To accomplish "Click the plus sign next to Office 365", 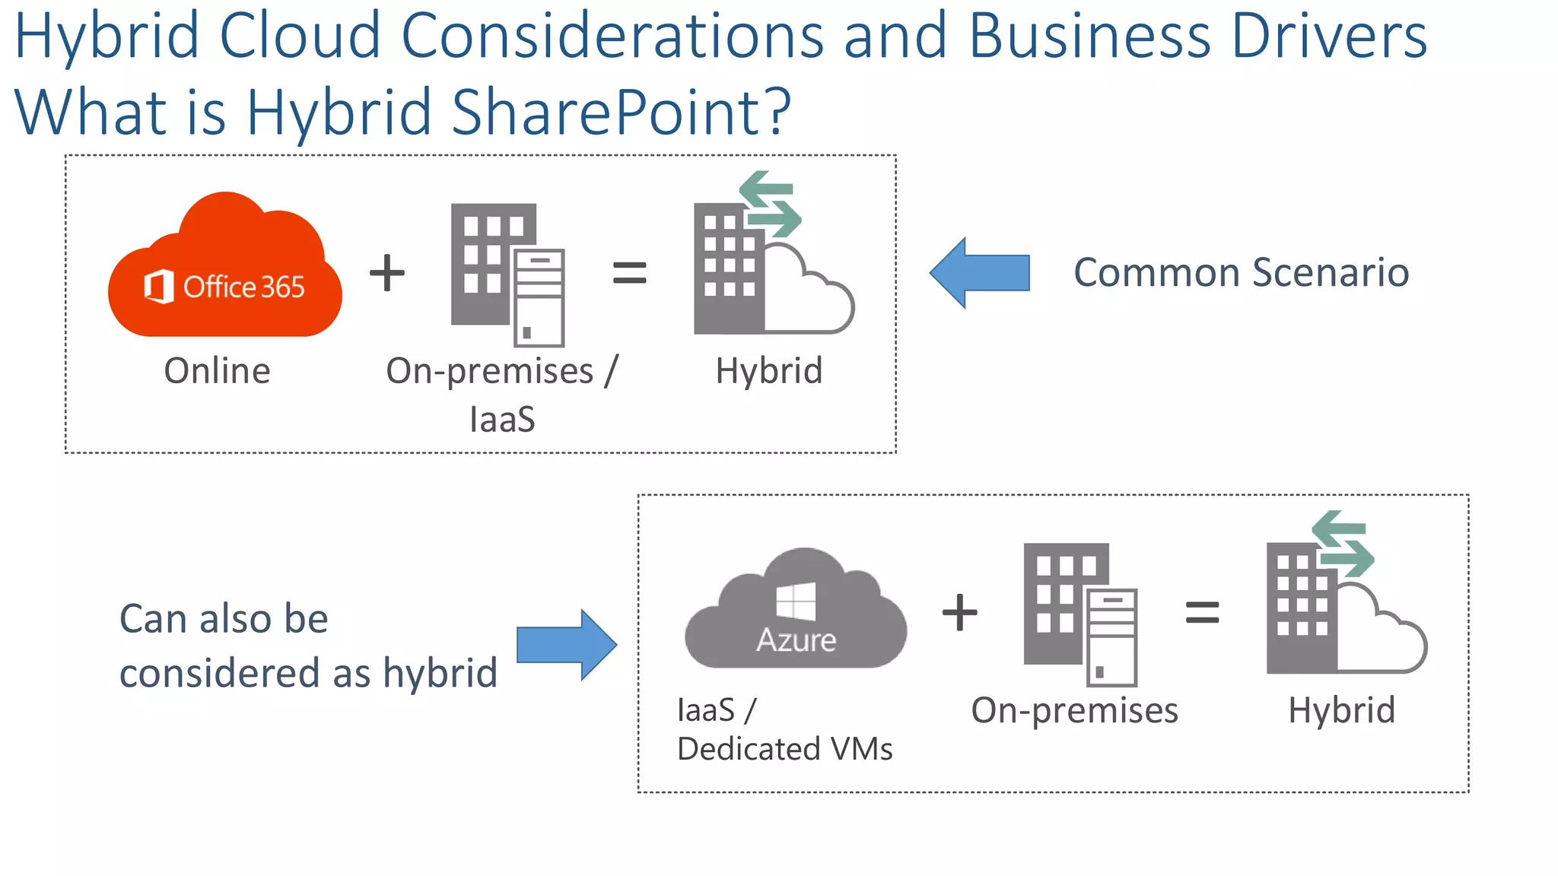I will pyautogui.click(x=387, y=273).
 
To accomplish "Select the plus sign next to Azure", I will pyautogui.click(x=960, y=612).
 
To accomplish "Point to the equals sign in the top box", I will pyautogui.click(x=630, y=273).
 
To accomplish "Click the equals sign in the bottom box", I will pyautogui.click(x=1203, y=612).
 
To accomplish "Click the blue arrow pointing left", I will pyautogui.click(x=980, y=273).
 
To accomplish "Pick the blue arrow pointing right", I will pyautogui.click(x=567, y=644).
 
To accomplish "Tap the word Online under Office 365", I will pyautogui.click(x=218, y=371).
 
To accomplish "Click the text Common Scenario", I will pyautogui.click(x=1242, y=272).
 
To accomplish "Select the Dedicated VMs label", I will pyautogui.click(x=785, y=749).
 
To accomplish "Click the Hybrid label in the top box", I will pyautogui.click(x=769, y=371).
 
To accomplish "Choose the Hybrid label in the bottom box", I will pyautogui.click(x=1342, y=710).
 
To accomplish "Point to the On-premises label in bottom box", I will pyautogui.click(x=1074, y=710).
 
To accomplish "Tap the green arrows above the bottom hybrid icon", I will pyautogui.click(x=1343, y=544).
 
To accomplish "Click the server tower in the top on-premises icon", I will pyautogui.click(x=539, y=297).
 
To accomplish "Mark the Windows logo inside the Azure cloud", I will pyautogui.click(x=796, y=601).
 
